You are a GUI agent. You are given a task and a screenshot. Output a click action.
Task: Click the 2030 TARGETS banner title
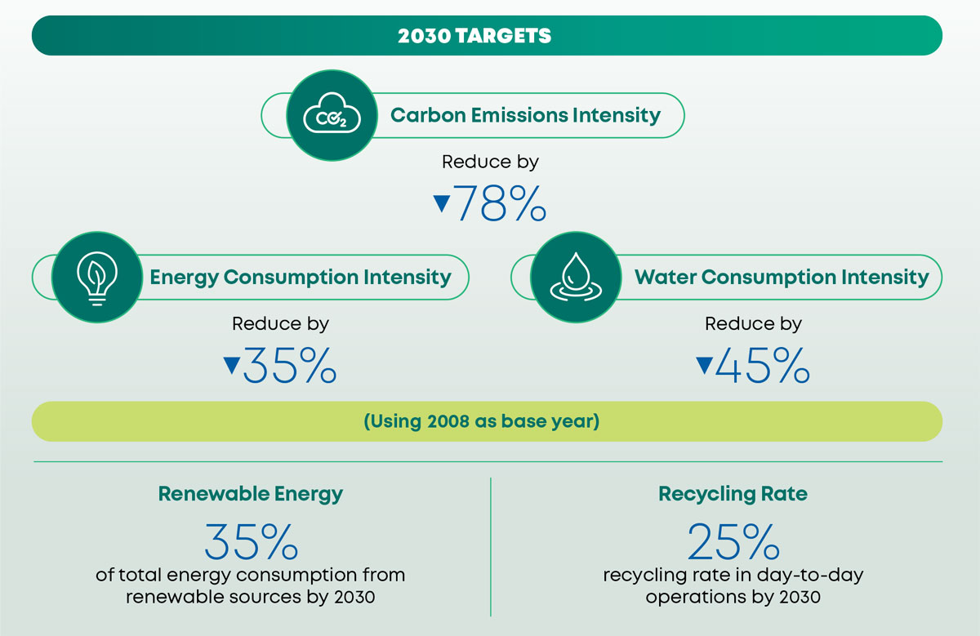474,35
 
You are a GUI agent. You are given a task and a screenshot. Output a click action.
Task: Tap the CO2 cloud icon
332,113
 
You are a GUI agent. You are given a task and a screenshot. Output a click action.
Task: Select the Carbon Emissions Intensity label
525,115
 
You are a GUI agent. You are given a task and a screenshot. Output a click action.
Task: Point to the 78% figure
500,203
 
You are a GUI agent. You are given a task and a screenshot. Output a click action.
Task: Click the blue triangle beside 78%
442,203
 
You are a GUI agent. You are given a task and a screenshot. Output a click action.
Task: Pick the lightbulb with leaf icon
97,278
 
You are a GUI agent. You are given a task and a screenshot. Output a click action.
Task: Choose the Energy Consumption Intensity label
301,278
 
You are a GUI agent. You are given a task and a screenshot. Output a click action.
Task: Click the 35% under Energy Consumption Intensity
290,365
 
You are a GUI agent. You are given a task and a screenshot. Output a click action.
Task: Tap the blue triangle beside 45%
704,365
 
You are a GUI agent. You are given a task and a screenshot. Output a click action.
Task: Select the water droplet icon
576,277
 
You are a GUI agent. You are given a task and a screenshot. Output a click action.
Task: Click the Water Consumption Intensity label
782,278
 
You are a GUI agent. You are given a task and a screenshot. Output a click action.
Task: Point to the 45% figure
763,365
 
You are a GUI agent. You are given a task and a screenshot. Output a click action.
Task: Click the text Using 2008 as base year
482,421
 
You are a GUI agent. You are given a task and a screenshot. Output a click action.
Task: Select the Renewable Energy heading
251,494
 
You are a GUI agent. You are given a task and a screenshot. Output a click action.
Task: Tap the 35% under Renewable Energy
252,541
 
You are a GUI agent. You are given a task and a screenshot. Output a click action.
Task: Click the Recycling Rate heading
733,494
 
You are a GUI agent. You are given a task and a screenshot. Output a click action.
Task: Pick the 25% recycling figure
733,541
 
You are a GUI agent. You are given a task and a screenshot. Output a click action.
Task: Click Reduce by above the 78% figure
490,162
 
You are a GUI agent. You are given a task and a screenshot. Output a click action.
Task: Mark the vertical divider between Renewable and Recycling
491,547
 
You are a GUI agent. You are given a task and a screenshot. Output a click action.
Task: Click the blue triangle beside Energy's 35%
231,365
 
